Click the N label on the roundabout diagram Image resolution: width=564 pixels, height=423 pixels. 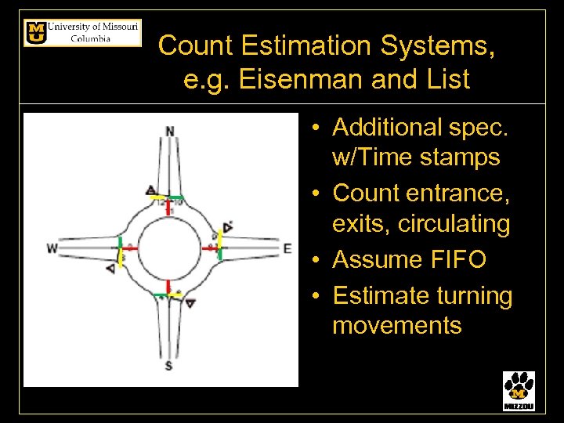tap(170, 131)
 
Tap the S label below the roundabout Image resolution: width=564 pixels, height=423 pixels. tap(169, 366)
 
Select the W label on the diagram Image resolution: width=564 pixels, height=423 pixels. tap(52, 248)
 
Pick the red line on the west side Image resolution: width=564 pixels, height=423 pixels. tap(129, 248)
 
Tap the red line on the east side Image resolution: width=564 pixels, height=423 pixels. tap(210, 248)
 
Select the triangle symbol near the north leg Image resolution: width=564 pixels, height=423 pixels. tap(150, 190)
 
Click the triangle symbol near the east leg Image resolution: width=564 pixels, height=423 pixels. tap(227, 227)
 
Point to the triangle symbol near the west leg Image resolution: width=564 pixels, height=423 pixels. tap(110, 268)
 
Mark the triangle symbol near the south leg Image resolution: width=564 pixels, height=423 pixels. tap(190, 303)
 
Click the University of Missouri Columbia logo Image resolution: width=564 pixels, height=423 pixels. tap(82, 33)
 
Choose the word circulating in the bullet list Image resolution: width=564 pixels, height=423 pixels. tap(454, 224)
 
